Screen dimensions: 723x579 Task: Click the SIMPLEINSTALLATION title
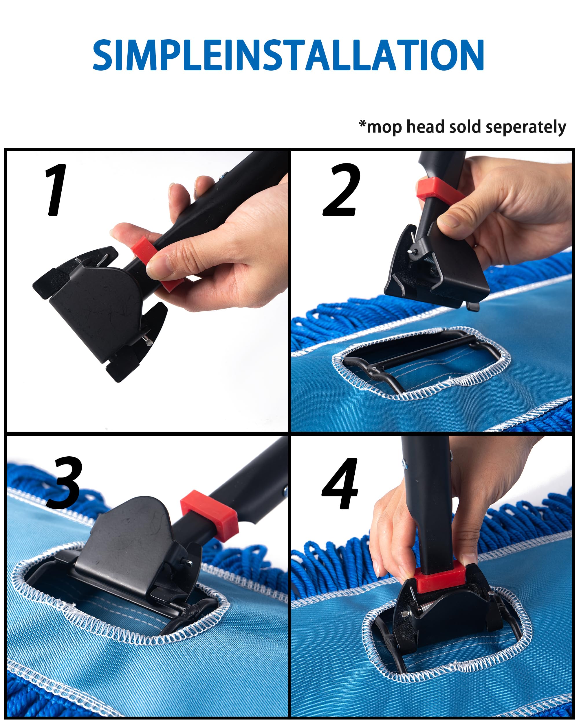click(x=288, y=55)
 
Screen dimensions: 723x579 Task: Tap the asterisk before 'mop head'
click(x=362, y=124)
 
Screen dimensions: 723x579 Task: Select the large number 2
click(x=341, y=190)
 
